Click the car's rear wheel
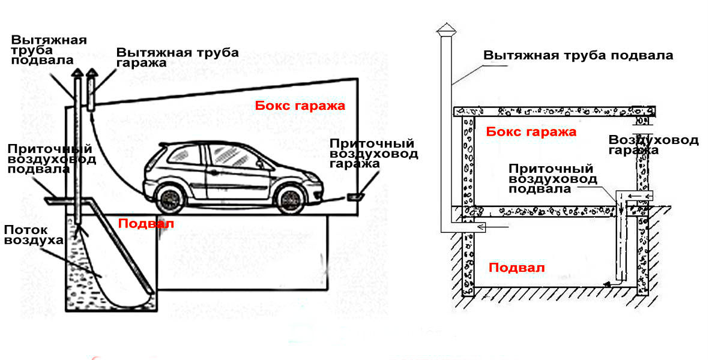click(169, 198)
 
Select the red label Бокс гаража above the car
click(300, 106)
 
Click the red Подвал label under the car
click(146, 223)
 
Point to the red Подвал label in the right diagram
click(516, 268)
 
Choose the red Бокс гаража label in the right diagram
click(531, 132)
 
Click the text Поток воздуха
click(34, 235)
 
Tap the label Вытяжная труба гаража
click(177, 57)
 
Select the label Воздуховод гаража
click(653, 145)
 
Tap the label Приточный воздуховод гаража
click(373, 154)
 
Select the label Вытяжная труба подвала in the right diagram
click(578, 56)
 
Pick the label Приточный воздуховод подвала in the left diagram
click(52, 159)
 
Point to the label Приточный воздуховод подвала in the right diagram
click(552, 178)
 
